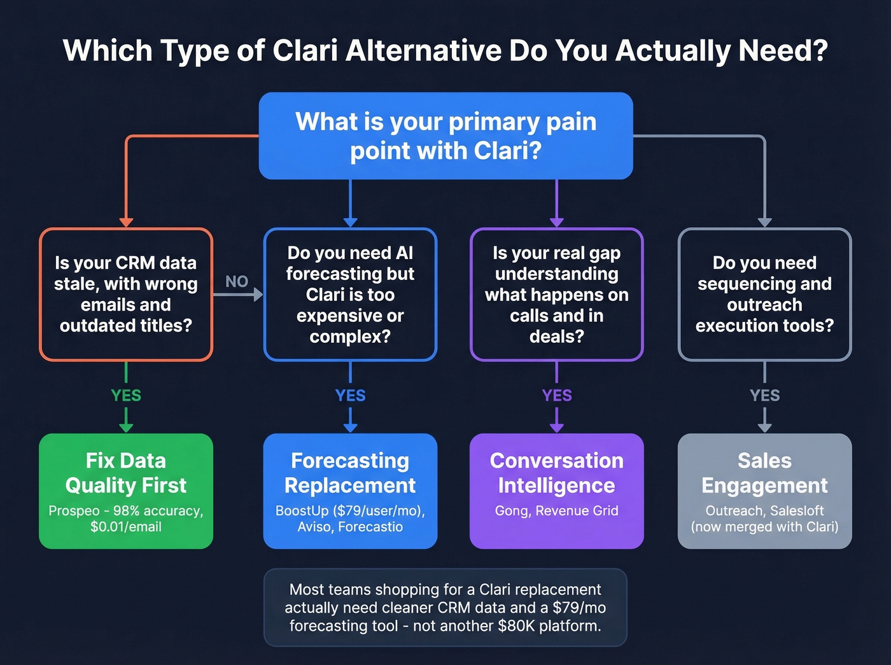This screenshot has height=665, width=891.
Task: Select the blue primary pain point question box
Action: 445,136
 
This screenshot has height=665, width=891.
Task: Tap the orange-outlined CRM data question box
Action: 126,294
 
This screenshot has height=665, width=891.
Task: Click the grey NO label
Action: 237,281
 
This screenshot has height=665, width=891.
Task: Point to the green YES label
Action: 126,395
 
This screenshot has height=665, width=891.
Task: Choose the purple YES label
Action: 557,395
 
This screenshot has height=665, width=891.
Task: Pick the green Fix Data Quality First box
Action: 126,491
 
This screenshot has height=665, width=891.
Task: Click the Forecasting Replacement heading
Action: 350,473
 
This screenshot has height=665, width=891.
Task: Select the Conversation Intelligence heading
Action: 557,473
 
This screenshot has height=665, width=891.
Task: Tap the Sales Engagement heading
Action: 764,473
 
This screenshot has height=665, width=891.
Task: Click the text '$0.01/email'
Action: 126,527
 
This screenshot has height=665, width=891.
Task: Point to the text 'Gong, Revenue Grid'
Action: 557,510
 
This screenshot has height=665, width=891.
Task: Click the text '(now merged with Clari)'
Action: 764,527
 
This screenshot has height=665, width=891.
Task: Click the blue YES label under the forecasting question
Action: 350,395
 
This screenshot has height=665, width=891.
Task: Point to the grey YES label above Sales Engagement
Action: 764,395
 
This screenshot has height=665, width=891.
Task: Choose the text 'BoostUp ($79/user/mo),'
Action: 350,510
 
